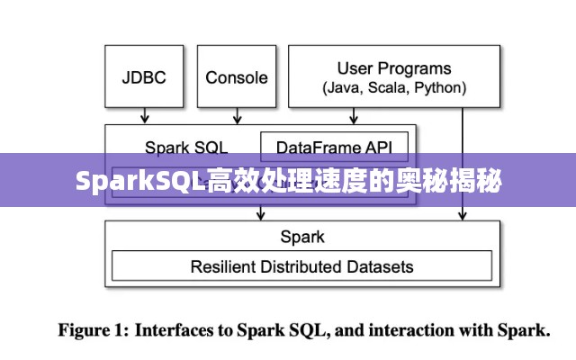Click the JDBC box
pyautogui.click(x=144, y=77)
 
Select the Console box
pyautogui.click(x=236, y=77)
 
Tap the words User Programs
pyautogui.click(x=394, y=68)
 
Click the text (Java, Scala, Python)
pyautogui.click(x=394, y=88)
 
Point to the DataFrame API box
pyautogui.click(x=334, y=147)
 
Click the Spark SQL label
pyautogui.click(x=185, y=147)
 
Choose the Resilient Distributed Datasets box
pyautogui.click(x=301, y=266)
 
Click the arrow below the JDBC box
pyautogui.click(x=145, y=116)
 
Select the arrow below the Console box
pyautogui.click(x=236, y=116)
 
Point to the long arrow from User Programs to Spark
pyautogui.click(x=463, y=162)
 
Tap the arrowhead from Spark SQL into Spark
pyautogui.click(x=262, y=215)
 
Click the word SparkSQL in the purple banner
pyautogui.click(x=139, y=182)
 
